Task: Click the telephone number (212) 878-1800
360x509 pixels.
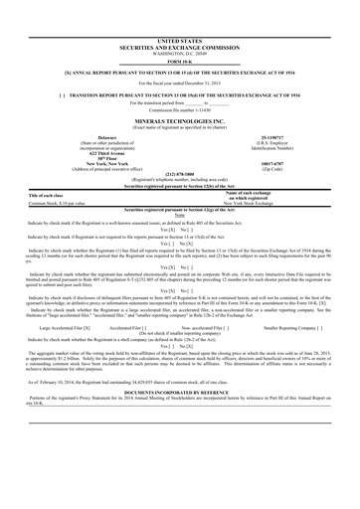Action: tap(179, 172)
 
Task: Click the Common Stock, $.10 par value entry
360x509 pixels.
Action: tap(62, 200)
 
